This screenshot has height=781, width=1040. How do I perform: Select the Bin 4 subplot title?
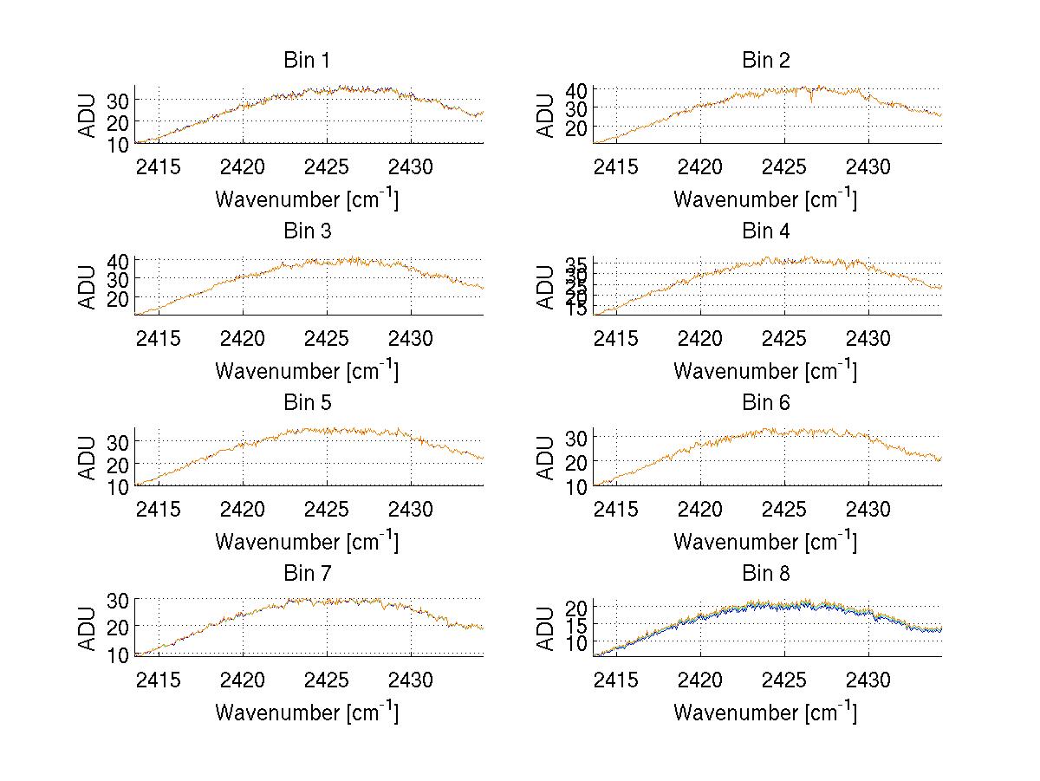[x=765, y=231]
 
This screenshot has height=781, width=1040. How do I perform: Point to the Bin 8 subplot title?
[x=765, y=574]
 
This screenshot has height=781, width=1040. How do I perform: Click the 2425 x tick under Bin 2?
[x=784, y=166]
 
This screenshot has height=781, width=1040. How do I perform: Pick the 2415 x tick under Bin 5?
[x=159, y=508]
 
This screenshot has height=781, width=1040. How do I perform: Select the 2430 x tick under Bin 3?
[x=411, y=337]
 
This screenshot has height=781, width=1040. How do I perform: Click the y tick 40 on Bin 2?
[x=577, y=89]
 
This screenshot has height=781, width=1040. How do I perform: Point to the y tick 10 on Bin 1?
[x=119, y=144]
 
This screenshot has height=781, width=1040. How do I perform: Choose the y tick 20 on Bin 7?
[x=119, y=626]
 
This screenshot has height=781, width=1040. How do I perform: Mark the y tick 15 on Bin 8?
[x=577, y=625]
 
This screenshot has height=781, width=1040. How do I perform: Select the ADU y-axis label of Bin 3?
[x=88, y=287]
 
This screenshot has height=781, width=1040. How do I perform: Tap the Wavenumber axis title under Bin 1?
[x=307, y=199]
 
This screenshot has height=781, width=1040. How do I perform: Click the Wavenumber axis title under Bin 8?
[x=765, y=713]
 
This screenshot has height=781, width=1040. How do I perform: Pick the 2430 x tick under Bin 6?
[x=868, y=508]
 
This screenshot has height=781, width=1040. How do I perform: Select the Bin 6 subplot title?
[x=765, y=403]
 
